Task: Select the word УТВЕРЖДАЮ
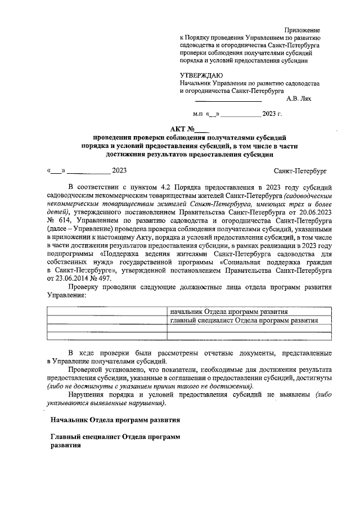[201, 75]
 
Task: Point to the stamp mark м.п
[198, 114]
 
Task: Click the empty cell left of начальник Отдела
[107, 312]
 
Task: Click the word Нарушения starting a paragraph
[87, 395]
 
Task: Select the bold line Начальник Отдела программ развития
[115, 420]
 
